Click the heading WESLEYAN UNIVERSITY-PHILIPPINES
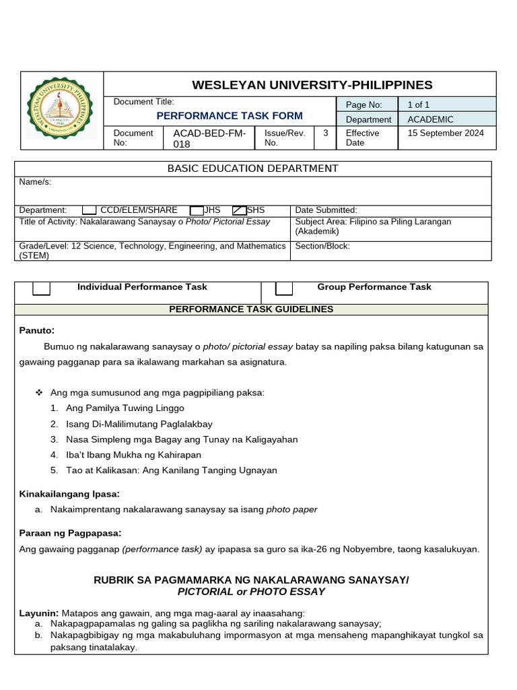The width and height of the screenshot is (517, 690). point(312,85)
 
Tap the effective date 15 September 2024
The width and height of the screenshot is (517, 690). point(445,133)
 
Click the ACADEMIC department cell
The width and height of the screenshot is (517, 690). point(430,119)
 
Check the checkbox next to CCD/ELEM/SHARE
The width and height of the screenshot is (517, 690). point(90,210)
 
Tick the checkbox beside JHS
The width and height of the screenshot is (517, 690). point(197,210)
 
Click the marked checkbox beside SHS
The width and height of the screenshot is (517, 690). point(239,210)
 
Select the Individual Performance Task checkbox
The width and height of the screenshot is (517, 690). point(42,288)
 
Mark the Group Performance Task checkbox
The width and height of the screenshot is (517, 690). point(284,288)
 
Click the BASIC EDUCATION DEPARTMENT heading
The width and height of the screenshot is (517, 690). point(252,168)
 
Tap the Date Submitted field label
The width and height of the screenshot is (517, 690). point(326,210)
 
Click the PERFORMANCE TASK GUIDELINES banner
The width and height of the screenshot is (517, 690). point(250,309)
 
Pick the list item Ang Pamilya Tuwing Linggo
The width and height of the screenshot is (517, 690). point(125,408)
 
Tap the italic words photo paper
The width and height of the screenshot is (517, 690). point(291,509)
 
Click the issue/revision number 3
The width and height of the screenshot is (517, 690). point(325,133)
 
